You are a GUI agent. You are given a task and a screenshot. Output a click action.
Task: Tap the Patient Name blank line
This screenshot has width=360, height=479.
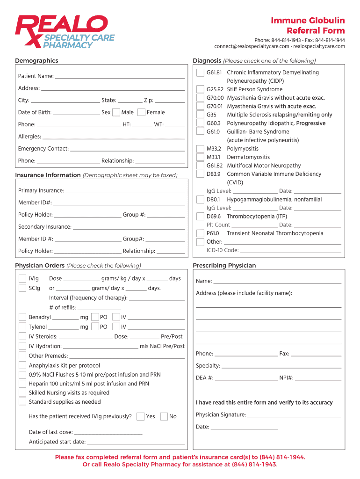click(120, 76)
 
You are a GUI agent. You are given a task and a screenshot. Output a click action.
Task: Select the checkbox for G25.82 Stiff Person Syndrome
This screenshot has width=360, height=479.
click(200, 89)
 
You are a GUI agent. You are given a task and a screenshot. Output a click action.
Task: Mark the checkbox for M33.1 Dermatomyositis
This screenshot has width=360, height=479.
click(200, 157)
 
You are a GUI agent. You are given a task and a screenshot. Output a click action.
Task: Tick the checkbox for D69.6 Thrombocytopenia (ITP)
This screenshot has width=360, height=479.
click(200, 217)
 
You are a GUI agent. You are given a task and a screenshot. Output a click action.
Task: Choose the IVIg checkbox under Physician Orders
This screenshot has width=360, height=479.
click(22, 279)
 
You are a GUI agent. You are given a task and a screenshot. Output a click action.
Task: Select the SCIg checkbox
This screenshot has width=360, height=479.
click(22, 288)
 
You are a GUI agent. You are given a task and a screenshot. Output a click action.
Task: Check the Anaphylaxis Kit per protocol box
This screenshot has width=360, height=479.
click(22, 365)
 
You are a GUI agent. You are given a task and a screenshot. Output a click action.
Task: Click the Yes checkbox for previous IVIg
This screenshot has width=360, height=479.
click(140, 416)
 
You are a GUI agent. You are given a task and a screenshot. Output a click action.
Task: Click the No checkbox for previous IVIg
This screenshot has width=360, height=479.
click(164, 416)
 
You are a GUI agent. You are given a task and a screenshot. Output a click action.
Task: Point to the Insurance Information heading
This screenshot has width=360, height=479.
click(48, 175)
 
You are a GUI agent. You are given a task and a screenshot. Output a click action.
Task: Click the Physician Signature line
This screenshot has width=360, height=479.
click(294, 415)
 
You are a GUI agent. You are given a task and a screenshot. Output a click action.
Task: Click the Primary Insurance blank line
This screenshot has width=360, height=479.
click(125, 191)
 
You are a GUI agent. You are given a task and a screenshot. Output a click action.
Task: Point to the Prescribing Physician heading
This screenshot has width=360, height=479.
click(224, 266)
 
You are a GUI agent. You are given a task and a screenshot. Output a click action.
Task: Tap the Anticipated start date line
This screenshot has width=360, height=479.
click(136, 442)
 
